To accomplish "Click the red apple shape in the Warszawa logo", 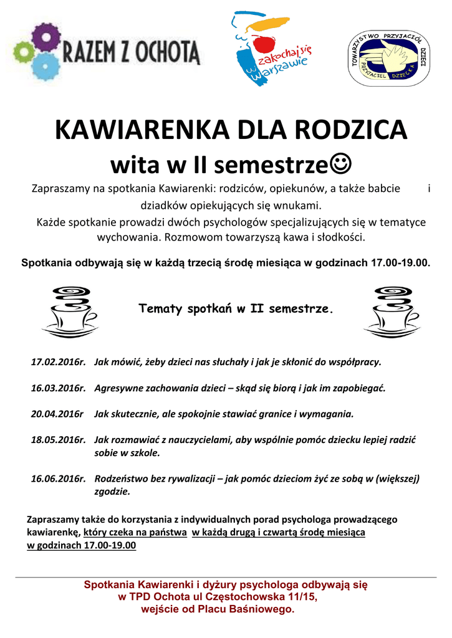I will [x=265, y=44].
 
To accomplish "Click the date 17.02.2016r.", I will [x=58, y=361].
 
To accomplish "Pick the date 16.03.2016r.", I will [x=58, y=388].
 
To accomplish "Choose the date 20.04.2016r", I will [x=57, y=414].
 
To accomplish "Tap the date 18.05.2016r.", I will [x=58, y=440].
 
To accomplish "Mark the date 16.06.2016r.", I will [x=58, y=478].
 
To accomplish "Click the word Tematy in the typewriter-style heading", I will [x=160, y=308].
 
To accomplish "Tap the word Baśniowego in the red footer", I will [x=261, y=609].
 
